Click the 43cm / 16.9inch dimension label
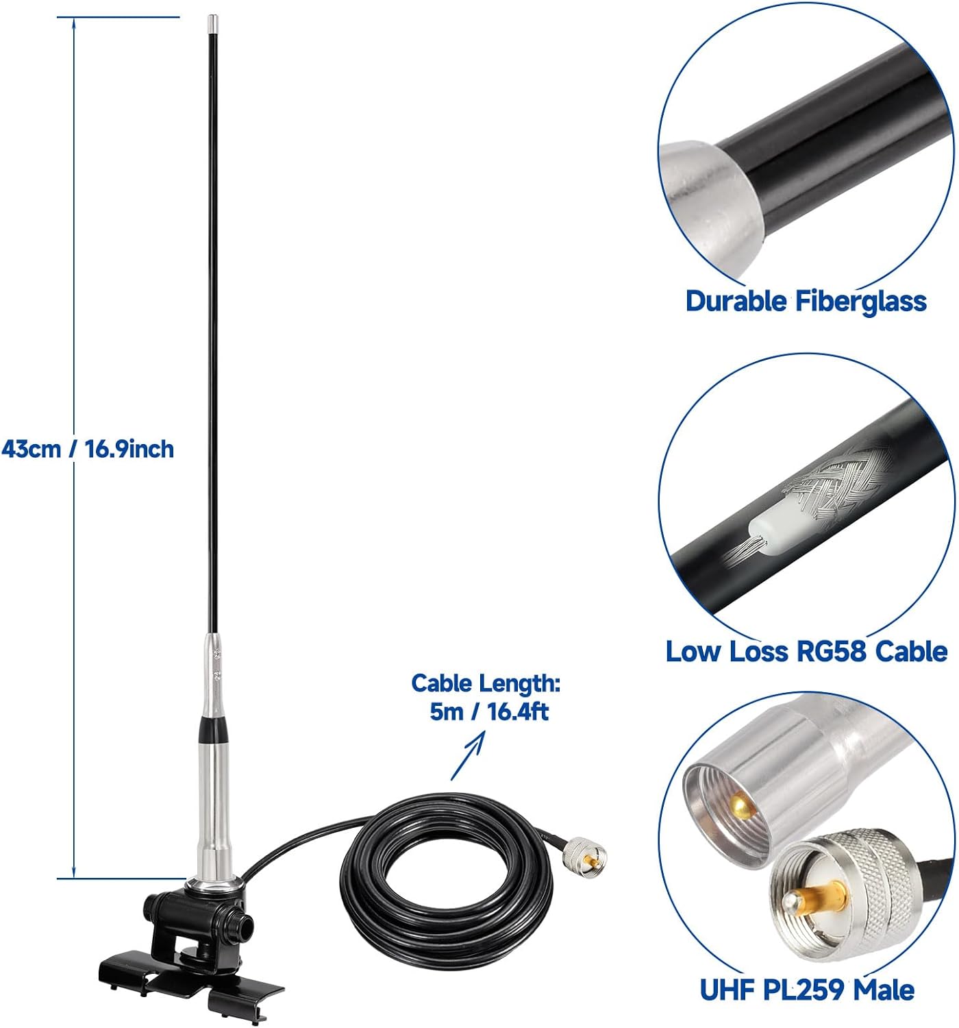tap(88, 450)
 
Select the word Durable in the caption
tap(736, 302)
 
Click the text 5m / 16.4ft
tap(489, 712)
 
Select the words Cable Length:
tap(486, 683)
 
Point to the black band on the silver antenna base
tap(215, 729)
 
